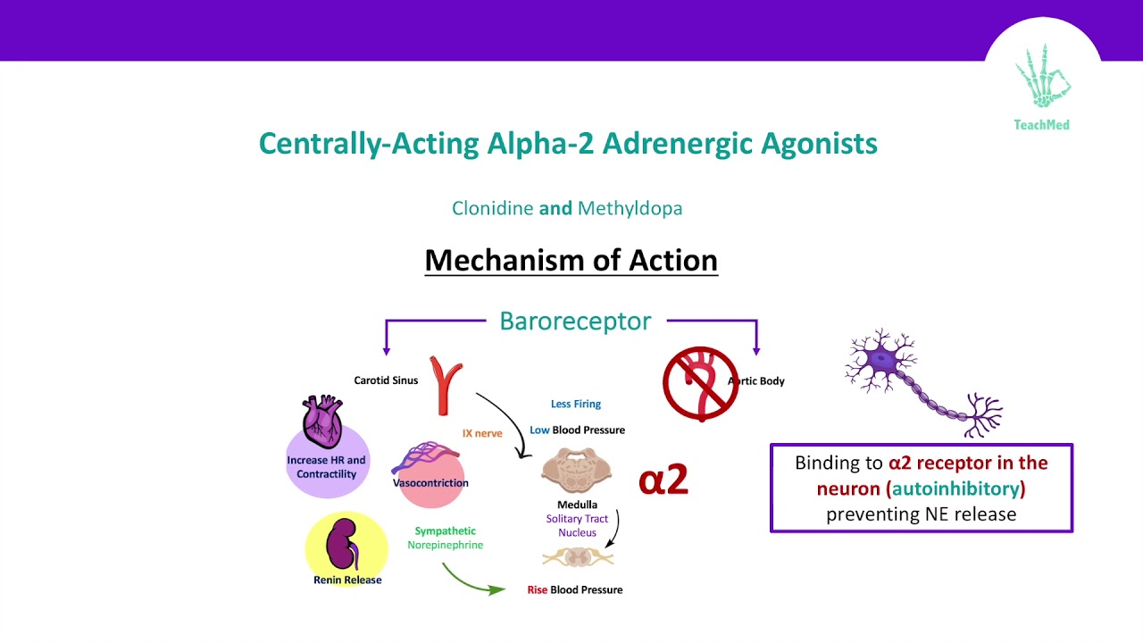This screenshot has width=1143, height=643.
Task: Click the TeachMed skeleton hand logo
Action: [1042, 79]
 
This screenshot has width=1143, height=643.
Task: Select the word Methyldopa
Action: [630, 208]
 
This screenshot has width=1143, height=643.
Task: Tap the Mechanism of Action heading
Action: [571, 260]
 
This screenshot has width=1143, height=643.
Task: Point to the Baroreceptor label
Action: [575, 321]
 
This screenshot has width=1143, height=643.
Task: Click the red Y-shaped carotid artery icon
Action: [446, 384]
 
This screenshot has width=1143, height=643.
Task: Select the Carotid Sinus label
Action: [386, 380]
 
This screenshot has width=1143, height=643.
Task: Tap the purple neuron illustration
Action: [920, 380]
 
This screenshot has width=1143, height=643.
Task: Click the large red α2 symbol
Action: [663, 480]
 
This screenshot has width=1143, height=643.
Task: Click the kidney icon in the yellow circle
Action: [340, 546]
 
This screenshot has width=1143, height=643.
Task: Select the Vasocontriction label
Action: [430, 483]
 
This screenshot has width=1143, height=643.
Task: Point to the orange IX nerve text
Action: [482, 433]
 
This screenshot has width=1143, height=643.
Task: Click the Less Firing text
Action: [576, 404]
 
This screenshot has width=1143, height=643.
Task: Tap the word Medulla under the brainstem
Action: [577, 505]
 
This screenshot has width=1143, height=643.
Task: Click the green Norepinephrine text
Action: [445, 545]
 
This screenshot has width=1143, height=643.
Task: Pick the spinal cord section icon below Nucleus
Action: [578, 557]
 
